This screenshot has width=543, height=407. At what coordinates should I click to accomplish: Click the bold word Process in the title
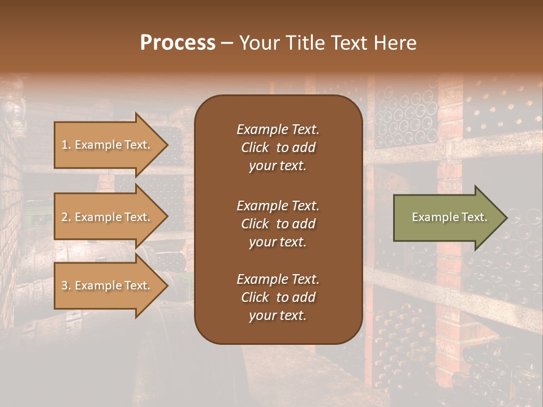click(x=178, y=43)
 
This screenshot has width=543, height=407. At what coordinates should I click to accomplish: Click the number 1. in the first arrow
click(x=66, y=145)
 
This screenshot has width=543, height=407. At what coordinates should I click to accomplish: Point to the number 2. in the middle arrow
click(x=66, y=217)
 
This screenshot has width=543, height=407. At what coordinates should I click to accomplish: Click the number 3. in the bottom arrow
click(x=66, y=285)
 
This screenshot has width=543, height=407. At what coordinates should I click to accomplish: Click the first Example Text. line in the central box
click(x=278, y=129)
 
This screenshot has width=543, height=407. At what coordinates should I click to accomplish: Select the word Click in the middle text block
click(x=255, y=224)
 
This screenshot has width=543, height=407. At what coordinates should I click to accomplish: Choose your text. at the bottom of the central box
click(x=278, y=316)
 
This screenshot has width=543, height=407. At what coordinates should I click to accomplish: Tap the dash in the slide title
click(x=227, y=43)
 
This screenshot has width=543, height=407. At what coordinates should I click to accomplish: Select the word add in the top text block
click(x=304, y=148)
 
